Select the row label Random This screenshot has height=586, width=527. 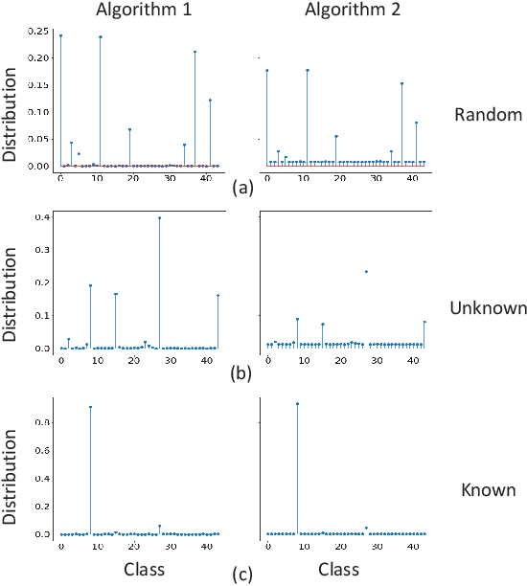(x=487, y=114)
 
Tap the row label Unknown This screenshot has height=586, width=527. (x=489, y=307)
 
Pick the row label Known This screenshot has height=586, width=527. (x=488, y=490)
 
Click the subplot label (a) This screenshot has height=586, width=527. (x=242, y=188)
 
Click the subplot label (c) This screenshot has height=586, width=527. (x=242, y=575)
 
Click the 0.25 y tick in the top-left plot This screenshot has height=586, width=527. (x=38, y=32)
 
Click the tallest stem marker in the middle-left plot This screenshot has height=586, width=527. (x=159, y=218)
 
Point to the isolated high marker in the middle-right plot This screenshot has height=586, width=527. (x=366, y=272)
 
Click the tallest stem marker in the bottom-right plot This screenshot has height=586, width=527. (x=297, y=404)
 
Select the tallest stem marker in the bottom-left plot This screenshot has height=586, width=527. (x=90, y=407)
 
